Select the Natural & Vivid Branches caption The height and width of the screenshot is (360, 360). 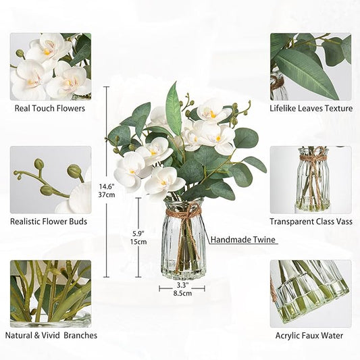pos(51,335)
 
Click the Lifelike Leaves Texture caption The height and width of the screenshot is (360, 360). pos(311,107)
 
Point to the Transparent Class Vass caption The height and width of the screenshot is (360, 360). pos(310,221)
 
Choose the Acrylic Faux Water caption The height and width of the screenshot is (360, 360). pos(310,335)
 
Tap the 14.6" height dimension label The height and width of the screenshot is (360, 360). pos(107,186)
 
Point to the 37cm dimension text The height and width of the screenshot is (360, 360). pos(107,195)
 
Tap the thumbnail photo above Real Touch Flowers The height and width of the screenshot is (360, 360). pos(51,66)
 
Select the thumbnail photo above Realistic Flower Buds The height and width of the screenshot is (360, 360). pos(51,180)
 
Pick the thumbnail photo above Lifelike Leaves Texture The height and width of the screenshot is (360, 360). pos(310,66)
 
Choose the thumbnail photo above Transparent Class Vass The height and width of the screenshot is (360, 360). pos(310,180)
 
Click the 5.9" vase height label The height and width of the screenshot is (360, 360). pos(138,233)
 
